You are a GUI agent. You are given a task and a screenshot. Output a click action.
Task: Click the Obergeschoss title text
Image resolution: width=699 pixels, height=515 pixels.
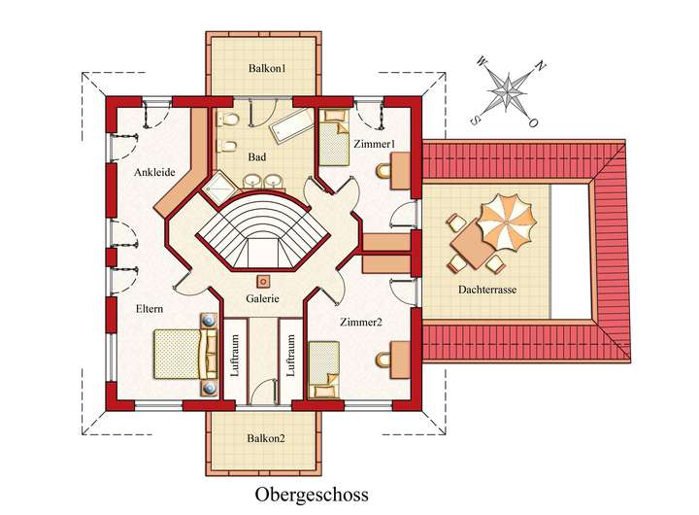pos(312,494)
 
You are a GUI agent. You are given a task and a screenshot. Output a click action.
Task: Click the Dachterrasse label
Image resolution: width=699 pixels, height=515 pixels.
pos(486,290)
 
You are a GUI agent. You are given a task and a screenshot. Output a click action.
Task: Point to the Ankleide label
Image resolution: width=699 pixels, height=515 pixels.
pos(154,172)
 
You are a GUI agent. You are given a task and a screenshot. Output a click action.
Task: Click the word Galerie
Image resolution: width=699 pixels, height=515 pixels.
pos(262,298)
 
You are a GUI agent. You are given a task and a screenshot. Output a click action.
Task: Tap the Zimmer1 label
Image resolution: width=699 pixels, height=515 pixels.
pos(374,145)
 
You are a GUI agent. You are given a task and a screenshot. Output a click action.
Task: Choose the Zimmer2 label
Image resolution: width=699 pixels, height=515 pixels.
pos(361,321)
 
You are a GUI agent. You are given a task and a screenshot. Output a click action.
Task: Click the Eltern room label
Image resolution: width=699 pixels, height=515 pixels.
pos(149,309)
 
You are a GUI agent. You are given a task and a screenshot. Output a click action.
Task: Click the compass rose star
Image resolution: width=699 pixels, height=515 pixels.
pos(507,91)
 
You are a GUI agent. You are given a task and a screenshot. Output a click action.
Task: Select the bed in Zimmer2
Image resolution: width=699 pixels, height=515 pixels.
pos(324,370)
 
